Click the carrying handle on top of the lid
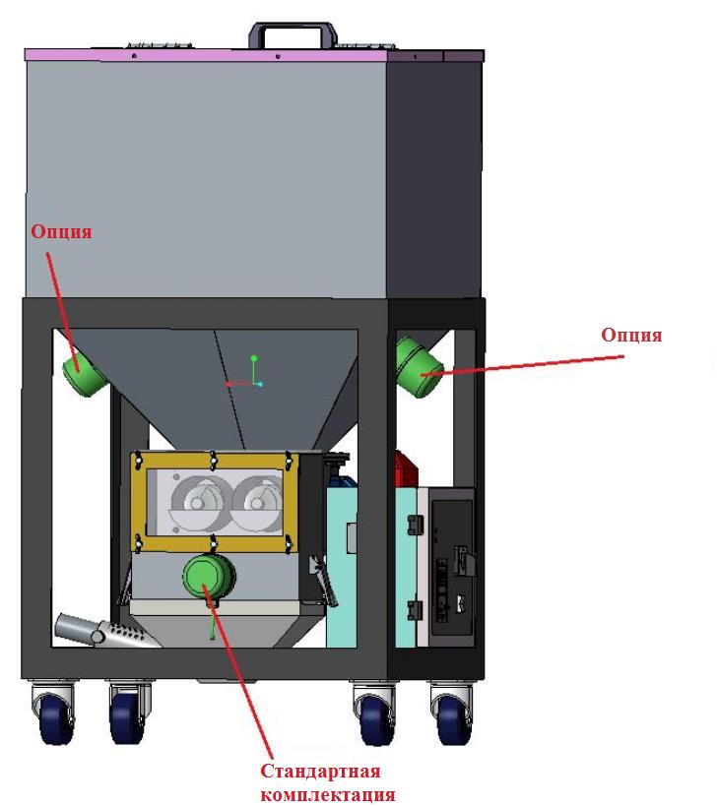click(293, 28)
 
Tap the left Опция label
click(61, 232)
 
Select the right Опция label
click(631, 335)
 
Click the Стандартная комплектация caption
click(328, 782)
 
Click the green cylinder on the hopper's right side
click(420, 366)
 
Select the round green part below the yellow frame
click(209, 577)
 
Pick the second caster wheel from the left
click(127, 717)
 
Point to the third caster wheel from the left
click(376, 719)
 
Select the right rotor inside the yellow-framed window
click(258, 502)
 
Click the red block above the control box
click(406, 468)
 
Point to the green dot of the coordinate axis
click(253, 357)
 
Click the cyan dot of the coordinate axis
click(260, 384)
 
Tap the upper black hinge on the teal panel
click(416, 525)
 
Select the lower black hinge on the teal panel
click(416, 610)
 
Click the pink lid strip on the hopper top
click(206, 55)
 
